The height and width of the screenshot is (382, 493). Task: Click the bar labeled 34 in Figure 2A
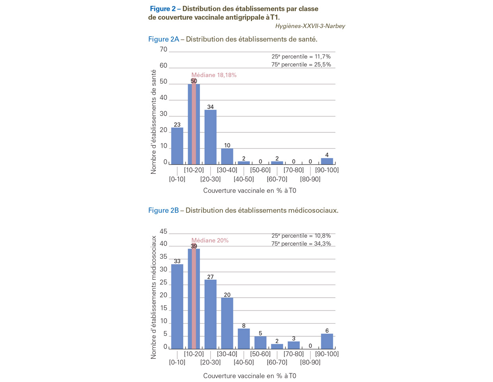[x=210, y=137]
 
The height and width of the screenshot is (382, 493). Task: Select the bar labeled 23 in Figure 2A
[x=177, y=146]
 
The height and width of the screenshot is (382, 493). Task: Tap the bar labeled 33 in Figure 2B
[x=177, y=306]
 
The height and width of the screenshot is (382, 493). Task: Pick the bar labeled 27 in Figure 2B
[x=210, y=314]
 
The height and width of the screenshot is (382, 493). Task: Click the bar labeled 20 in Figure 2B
[x=227, y=323]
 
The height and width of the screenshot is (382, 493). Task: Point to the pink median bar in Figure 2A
[x=194, y=121]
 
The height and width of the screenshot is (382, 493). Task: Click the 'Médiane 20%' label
[x=210, y=240]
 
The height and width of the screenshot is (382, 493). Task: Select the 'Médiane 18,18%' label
[x=214, y=75]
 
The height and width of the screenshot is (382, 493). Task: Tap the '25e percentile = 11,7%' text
[x=301, y=56]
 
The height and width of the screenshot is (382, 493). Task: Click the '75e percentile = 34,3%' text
[x=301, y=243]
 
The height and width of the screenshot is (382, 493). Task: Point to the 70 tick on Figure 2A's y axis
[x=163, y=49]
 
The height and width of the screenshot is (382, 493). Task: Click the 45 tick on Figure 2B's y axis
[x=163, y=231]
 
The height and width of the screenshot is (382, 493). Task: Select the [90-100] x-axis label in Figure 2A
[x=327, y=170]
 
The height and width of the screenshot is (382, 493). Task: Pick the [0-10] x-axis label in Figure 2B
[x=177, y=362]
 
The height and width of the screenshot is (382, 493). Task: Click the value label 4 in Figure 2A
[x=327, y=155]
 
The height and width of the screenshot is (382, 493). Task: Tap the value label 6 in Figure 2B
[x=327, y=330]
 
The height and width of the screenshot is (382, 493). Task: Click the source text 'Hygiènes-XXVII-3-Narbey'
[x=310, y=26]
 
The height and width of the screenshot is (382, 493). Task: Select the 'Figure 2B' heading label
[x=163, y=210]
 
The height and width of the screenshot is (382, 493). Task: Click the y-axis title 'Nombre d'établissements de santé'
[x=153, y=122]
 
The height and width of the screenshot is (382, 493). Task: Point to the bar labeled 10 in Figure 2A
[x=227, y=156]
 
